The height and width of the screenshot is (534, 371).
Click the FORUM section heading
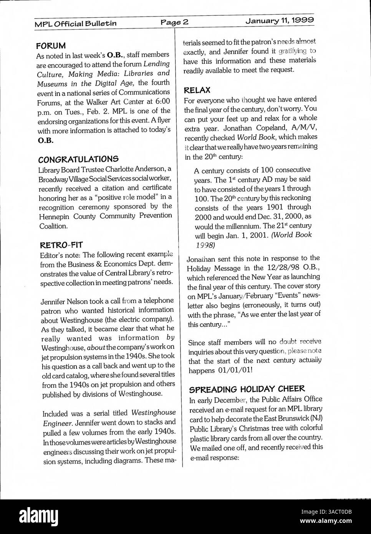click(51, 45)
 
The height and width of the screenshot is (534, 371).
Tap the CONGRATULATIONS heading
click(78, 159)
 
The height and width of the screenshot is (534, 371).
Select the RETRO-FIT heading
click(61, 244)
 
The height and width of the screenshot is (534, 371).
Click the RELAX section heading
click(197, 90)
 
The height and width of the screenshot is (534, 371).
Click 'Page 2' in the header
click(175, 22)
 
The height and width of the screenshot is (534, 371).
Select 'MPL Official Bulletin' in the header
click(76, 23)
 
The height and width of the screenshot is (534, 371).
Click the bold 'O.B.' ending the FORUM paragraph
click(45, 140)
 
